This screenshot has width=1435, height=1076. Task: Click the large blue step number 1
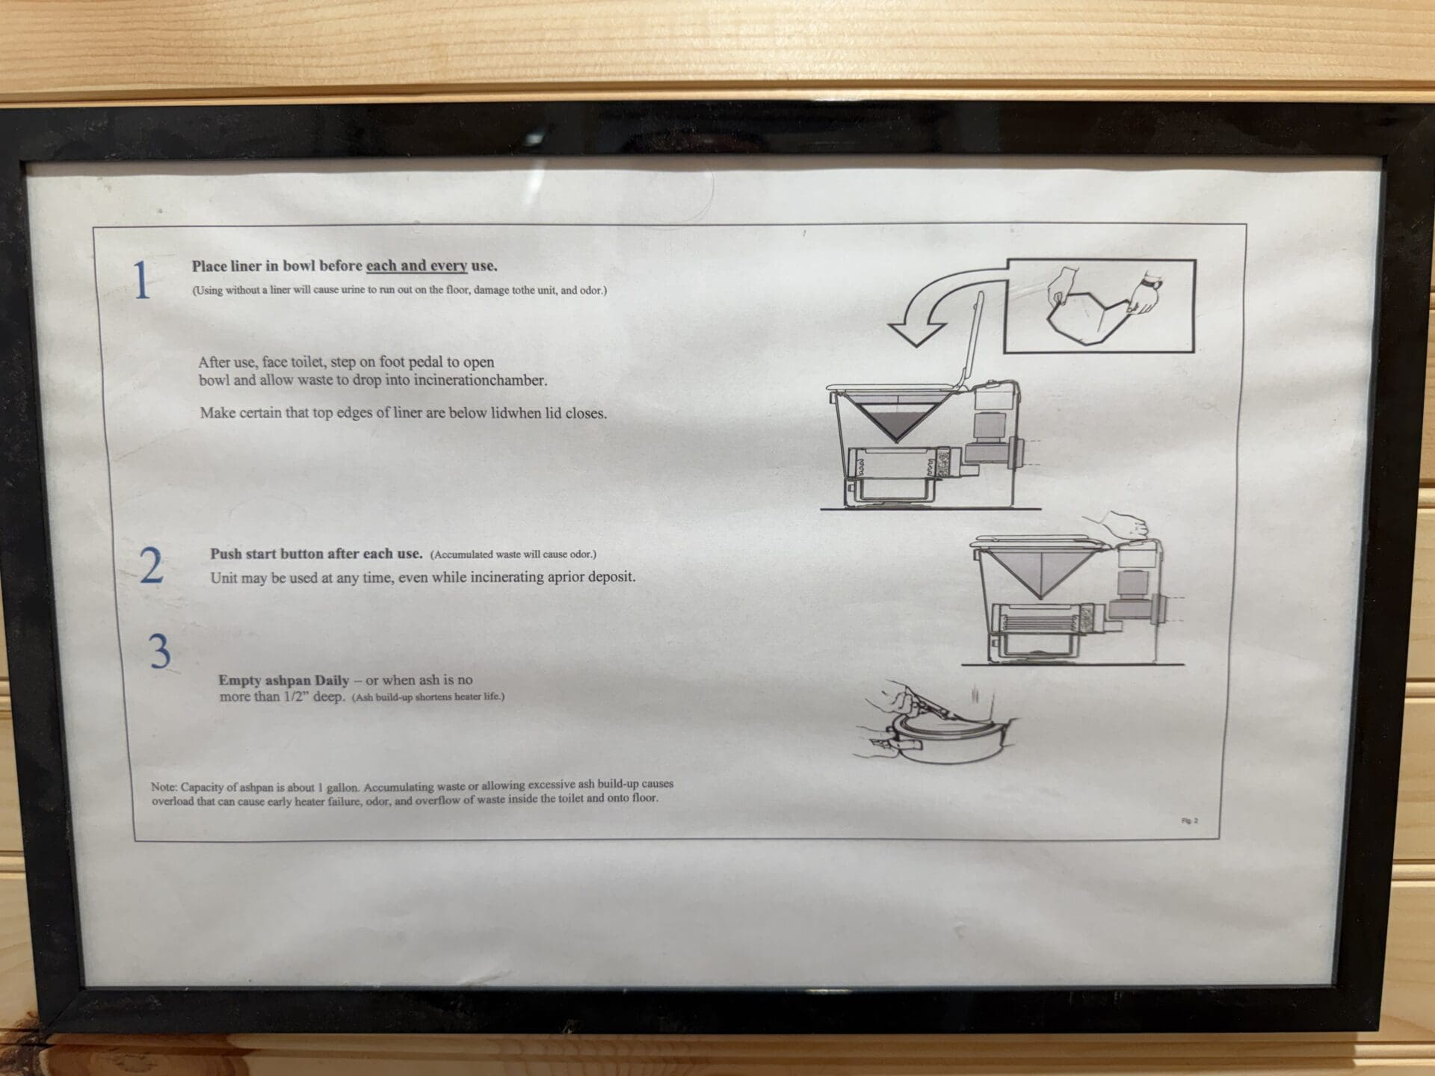142,281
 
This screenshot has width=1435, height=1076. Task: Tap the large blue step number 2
152,566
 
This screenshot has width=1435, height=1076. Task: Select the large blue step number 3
160,652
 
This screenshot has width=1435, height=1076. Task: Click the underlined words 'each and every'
416,265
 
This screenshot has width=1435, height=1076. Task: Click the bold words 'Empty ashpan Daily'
283,680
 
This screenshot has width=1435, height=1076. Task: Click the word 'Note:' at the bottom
163,787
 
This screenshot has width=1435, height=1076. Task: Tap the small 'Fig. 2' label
1190,820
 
